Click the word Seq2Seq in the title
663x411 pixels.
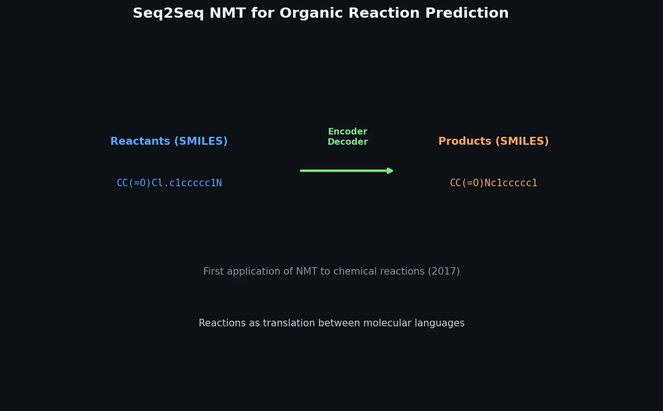pyautogui.click(x=168, y=13)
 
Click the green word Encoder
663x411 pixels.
pyautogui.click(x=348, y=132)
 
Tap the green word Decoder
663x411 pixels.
pyautogui.click(x=348, y=142)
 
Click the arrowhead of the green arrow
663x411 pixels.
pyautogui.click(x=390, y=171)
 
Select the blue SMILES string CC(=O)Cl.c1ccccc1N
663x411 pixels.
pyautogui.click(x=169, y=183)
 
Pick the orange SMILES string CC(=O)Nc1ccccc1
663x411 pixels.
pyautogui.click(x=494, y=183)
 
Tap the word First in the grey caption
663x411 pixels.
pyautogui.click(x=213, y=272)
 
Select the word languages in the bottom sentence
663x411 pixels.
pyautogui.click(x=442, y=323)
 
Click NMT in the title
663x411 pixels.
pyautogui.click(x=228, y=13)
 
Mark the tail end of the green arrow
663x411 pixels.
pyautogui.click(x=302, y=171)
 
